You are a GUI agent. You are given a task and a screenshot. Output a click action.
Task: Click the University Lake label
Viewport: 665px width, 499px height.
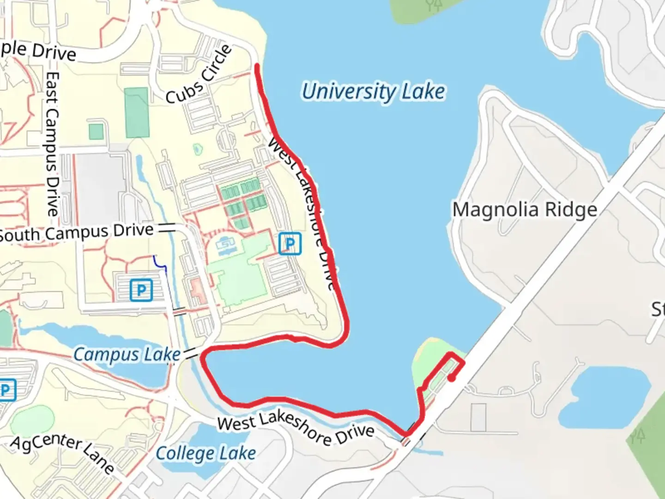coord(373,91)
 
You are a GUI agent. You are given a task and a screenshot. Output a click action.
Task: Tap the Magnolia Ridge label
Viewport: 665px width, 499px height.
coord(525,210)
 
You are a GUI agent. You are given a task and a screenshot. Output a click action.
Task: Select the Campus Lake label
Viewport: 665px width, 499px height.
coord(127,355)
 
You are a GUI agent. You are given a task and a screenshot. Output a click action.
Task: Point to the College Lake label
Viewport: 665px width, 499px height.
coord(206,453)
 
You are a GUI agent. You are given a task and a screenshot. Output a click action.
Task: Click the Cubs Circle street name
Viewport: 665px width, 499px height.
coord(199,74)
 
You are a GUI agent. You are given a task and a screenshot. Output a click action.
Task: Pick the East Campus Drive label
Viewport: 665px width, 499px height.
coord(52,144)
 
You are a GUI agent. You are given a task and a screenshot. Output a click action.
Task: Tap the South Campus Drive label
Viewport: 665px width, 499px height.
coord(76,233)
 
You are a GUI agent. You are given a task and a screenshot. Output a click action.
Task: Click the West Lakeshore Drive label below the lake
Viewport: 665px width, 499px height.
coord(296,429)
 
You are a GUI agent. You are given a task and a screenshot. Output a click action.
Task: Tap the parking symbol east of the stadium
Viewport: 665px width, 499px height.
coord(290,243)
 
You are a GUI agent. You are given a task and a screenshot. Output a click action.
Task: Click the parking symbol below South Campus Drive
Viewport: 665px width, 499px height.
coord(141,290)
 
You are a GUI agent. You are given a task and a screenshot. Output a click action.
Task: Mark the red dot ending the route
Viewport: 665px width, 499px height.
coord(452,378)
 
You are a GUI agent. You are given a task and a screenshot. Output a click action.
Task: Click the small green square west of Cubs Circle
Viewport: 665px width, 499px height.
coord(96,132)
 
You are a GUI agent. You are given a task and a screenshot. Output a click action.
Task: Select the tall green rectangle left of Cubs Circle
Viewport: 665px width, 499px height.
coord(137,112)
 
